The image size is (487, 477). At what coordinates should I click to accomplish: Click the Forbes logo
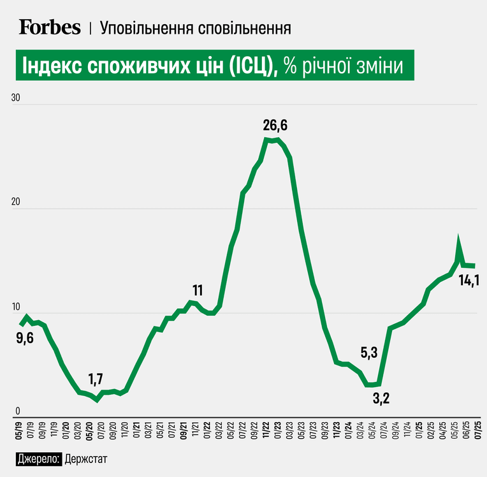click(x=50, y=27)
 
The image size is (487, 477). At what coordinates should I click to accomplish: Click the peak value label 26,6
click(x=275, y=125)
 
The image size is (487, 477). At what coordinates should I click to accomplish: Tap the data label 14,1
click(x=469, y=281)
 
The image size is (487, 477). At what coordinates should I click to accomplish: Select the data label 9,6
click(x=25, y=338)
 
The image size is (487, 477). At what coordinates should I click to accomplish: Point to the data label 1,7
click(x=96, y=379)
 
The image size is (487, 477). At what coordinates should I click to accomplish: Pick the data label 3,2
click(x=381, y=398)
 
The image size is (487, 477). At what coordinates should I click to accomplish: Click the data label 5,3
click(x=369, y=353)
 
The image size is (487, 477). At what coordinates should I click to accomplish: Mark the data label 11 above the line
click(x=198, y=290)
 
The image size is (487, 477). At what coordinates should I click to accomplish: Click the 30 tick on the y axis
click(x=15, y=98)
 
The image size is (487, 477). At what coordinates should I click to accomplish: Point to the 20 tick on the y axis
click(x=15, y=202)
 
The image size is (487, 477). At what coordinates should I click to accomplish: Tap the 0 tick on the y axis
click(x=18, y=411)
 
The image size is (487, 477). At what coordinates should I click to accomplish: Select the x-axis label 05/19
click(x=19, y=430)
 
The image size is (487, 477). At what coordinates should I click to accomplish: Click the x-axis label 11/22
click(x=266, y=430)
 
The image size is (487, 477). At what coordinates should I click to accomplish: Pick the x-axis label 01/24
click(x=348, y=430)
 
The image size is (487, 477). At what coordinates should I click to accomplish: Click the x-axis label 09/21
click(x=184, y=430)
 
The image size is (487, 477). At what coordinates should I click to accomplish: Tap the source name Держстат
click(x=85, y=459)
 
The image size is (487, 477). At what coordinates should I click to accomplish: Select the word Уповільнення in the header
click(x=147, y=28)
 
